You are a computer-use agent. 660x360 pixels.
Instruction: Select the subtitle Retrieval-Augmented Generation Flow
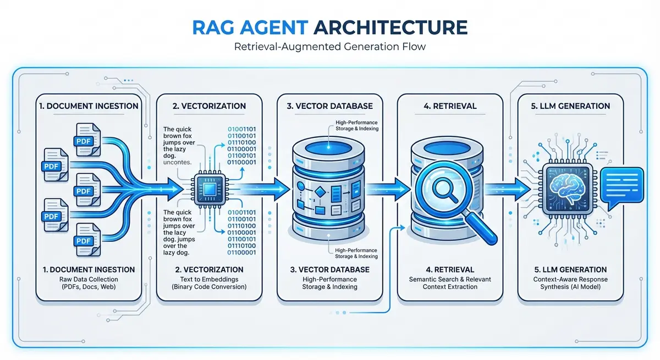point(329,47)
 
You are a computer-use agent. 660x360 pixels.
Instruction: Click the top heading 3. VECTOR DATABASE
point(329,106)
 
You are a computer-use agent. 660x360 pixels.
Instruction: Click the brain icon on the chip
point(565,187)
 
